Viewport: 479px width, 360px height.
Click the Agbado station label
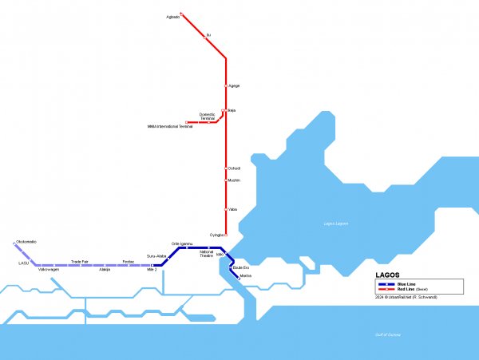[172, 17]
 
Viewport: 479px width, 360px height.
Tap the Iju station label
[208, 35]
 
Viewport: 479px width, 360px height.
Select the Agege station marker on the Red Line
[226, 85]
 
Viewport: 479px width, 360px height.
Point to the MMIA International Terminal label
[170, 126]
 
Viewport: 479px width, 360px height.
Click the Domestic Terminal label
[208, 116]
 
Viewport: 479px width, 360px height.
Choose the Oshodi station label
[234, 168]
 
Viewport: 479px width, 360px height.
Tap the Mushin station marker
[226, 180]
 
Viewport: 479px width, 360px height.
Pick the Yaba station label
[232, 209]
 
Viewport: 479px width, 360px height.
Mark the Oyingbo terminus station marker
[226, 235]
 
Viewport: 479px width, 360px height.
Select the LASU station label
[23, 262]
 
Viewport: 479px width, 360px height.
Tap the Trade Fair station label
[79, 261]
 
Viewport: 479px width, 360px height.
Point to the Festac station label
[128, 261]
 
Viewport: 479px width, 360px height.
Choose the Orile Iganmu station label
[182, 243]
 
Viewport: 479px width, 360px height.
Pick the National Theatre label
[206, 255]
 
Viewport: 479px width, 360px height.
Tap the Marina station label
[245, 275]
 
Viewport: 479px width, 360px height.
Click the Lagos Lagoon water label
[336, 224]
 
